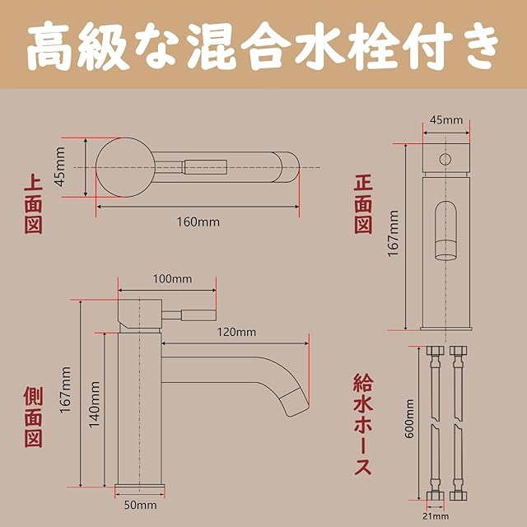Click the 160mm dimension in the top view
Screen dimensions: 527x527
[x=198, y=222]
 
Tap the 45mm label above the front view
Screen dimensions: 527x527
[x=446, y=120]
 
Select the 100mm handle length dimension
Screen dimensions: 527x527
[x=172, y=279]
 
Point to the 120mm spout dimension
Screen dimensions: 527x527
[x=236, y=332]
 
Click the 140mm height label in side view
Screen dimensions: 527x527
[x=95, y=404]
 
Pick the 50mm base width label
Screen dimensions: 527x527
[x=140, y=505]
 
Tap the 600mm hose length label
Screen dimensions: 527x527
[x=409, y=418]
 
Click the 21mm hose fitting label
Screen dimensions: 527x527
[x=436, y=516]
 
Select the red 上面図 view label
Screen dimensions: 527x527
[x=33, y=205]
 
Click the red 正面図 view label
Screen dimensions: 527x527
[x=364, y=205]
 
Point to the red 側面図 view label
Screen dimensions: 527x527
[x=33, y=417]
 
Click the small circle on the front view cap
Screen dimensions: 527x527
[x=445, y=159]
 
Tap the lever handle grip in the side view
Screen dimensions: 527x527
[x=198, y=315]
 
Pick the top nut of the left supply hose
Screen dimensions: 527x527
[x=435, y=352]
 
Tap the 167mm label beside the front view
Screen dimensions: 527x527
[x=393, y=233]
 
